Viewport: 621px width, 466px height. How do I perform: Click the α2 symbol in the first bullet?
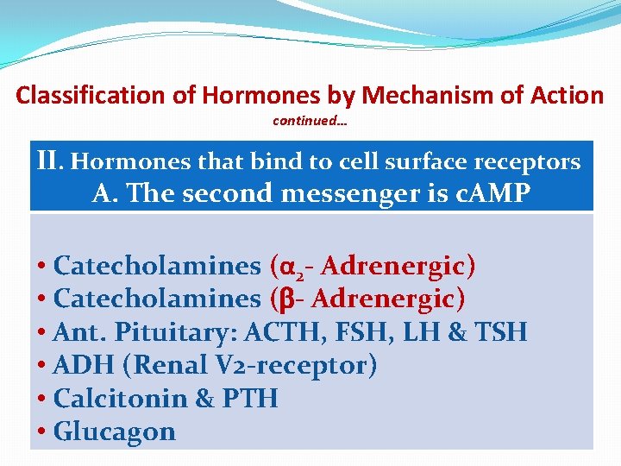pos(288,268)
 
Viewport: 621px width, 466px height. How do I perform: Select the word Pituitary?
pos(166,332)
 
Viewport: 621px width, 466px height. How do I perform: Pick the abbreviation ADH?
pos(84,365)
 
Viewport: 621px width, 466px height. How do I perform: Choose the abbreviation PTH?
pos(249,399)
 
